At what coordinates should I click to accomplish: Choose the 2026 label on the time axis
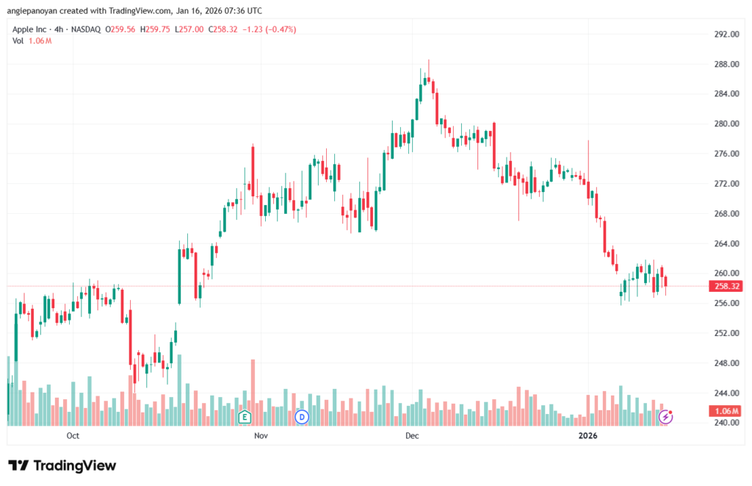click(587, 436)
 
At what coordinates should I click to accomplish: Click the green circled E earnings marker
click(245, 417)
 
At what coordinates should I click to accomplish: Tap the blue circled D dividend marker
click(300, 417)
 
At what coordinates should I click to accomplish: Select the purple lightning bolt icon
click(665, 417)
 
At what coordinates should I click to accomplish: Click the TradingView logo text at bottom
click(62, 465)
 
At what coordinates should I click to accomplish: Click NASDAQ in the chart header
click(86, 29)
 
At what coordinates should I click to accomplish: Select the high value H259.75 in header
click(156, 29)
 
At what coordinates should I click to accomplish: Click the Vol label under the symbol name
click(18, 40)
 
